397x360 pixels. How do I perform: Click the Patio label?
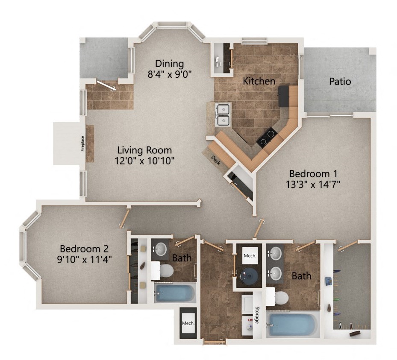340,81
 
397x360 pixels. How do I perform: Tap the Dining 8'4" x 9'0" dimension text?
170,73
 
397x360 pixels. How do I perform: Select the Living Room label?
144,150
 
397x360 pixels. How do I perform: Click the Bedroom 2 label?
84,249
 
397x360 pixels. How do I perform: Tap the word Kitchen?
259,81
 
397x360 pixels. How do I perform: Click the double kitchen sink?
223,115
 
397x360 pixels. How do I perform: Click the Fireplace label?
82,143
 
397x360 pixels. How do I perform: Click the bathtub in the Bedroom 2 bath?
175,293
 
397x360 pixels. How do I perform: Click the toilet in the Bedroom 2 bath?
166,270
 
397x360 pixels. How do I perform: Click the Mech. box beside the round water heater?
250,256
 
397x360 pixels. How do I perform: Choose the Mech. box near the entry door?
188,323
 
